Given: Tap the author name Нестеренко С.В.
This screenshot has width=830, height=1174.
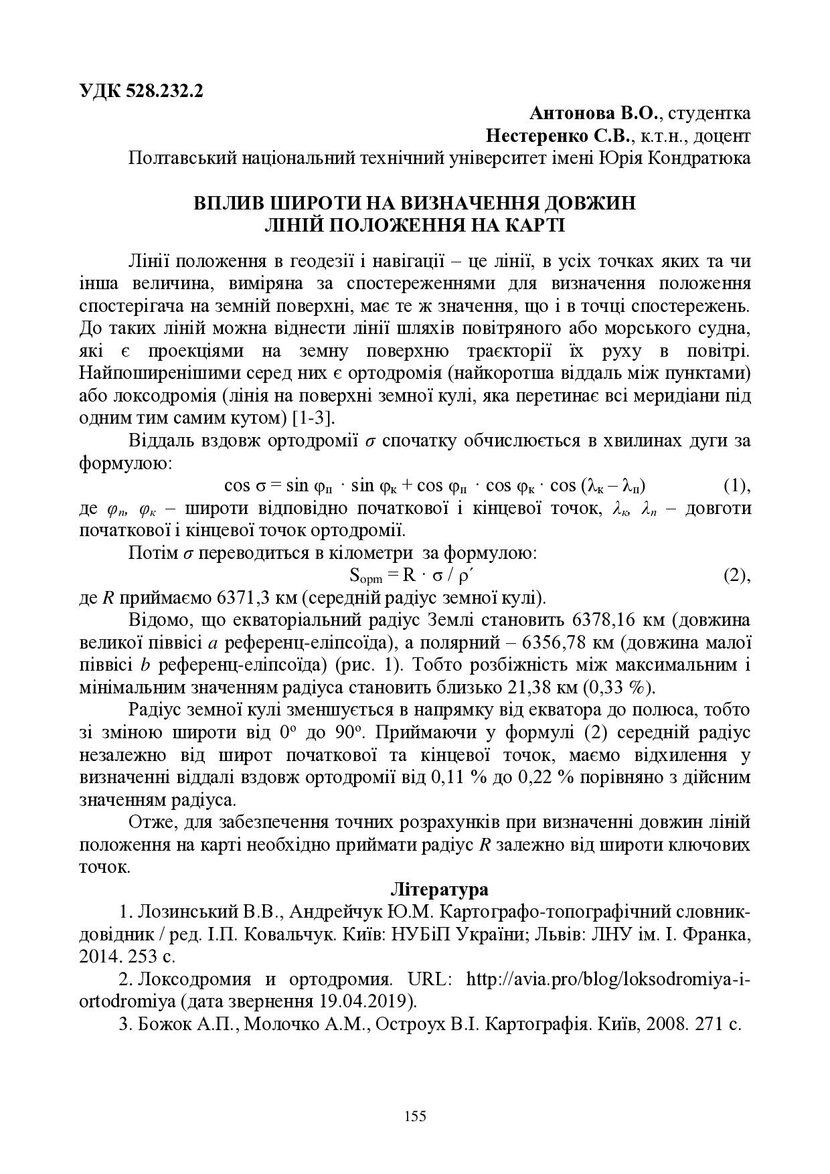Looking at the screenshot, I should click(558, 137).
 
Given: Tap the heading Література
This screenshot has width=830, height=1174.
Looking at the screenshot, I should click(439, 890).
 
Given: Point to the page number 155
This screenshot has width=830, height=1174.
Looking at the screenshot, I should click(415, 1116).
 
